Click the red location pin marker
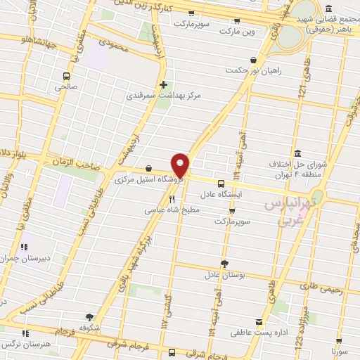click(181, 165)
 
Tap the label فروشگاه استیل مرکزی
click(150, 180)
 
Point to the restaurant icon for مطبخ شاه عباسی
click(172, 199)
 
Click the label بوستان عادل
click(224, 276)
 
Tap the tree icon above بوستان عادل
click(224, 264)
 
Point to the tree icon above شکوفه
click(89, 316)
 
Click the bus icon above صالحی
click(66, 76)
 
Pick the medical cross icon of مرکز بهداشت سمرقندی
click(164, 84)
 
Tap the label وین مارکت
click(237, 31)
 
